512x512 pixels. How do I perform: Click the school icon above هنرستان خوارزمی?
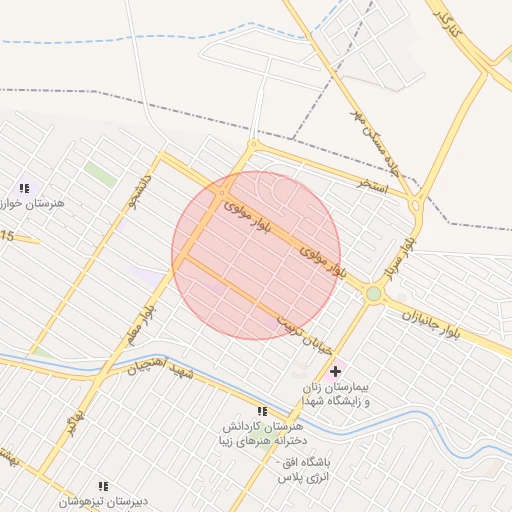(24, 187)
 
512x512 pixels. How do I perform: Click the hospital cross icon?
(335, 371)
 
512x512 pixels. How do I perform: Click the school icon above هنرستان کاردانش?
(262, 411)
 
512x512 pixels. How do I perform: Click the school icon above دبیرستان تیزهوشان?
(103, 486)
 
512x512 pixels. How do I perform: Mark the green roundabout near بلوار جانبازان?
(374, 294)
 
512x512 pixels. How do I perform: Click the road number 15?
(8, 236)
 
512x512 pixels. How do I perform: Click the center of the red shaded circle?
(256, 256)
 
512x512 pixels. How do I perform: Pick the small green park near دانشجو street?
(99, 173)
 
